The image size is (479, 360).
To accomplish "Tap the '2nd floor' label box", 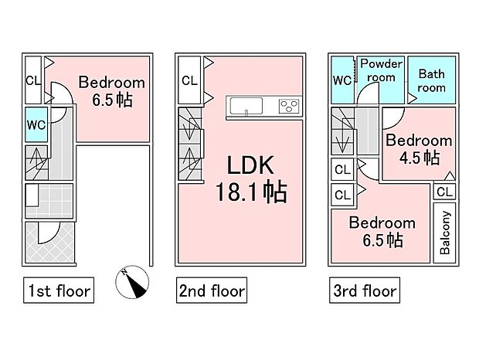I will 211,291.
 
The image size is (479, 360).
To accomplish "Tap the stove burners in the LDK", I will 290,105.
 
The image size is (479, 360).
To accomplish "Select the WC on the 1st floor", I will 34,124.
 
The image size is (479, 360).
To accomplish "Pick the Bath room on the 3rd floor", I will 431,80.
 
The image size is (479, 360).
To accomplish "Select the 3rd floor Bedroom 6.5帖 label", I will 381,231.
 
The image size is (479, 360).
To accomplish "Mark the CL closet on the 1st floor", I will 33,80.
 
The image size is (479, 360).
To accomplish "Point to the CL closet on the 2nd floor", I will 188,80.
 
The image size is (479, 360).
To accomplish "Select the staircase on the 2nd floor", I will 188,145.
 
